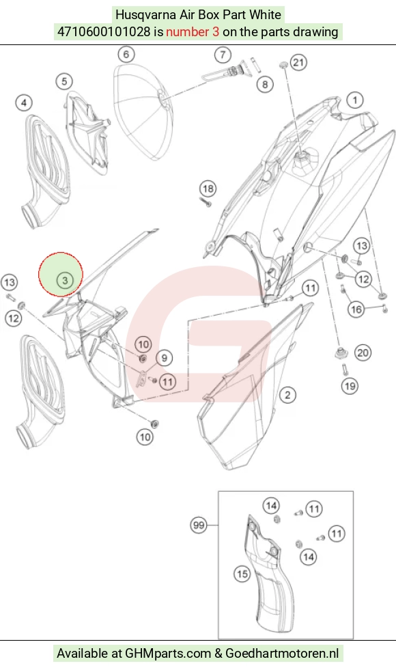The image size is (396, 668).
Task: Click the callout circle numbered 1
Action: (x=355, y=100)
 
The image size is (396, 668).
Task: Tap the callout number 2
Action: (x=287, y=395)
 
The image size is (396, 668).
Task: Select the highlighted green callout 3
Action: (x=65, y=280)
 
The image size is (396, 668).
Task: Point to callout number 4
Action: (x=24, y=102)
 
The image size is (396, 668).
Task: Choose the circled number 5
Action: (x=64, y=81)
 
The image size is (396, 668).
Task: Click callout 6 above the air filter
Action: (x=126, y=54)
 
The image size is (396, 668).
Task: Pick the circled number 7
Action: (x=223, y=55)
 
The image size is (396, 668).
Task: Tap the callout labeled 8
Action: (x=265, y=84)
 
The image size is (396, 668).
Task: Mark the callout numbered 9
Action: (x=165, y=358)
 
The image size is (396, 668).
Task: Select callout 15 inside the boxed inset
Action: (x=242, y=574)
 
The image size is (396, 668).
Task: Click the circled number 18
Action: (x=208, y=189)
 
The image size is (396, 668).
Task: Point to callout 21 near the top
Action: (x=298, y=63)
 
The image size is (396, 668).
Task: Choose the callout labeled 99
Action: (x=199, y=525)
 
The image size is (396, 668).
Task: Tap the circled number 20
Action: (x=363, y=352)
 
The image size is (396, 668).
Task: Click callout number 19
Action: (x=350, y=386)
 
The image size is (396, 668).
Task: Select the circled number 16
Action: (x=356, y=309)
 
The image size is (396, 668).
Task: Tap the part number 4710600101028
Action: (x=104, y=32)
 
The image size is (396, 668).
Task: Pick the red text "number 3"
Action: (x=193, y=32)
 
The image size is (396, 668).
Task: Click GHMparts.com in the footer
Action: (x=168, y=653)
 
